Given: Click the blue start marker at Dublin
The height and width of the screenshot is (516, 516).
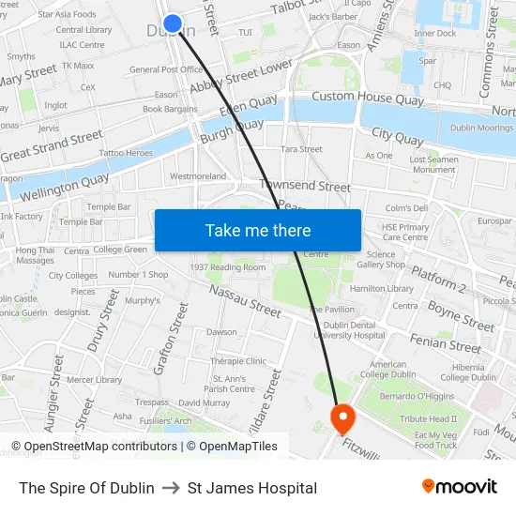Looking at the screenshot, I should click(173, 24).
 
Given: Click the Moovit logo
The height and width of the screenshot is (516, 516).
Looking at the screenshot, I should click(459, 487).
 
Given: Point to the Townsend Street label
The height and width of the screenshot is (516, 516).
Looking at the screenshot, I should click(305, 187).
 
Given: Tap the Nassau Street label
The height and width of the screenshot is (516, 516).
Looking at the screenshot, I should click(245, 302).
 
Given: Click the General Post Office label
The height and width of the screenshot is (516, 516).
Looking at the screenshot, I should click(166, 69).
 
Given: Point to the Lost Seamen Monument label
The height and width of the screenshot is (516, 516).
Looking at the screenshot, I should click(433, 164).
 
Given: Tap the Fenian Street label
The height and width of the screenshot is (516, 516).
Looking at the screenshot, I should click(446, 342).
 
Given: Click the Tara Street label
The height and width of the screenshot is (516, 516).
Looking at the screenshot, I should click(301, 149).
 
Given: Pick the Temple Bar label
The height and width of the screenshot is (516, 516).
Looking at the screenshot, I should click(109, 206).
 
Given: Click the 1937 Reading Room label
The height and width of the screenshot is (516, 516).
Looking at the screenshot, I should click(228, 267).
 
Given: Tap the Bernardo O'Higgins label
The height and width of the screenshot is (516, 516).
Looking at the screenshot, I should click(419, 396).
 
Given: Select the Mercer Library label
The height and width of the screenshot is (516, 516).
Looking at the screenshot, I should click(94, 380).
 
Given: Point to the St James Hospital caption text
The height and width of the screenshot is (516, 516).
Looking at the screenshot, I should click(252, 488).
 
